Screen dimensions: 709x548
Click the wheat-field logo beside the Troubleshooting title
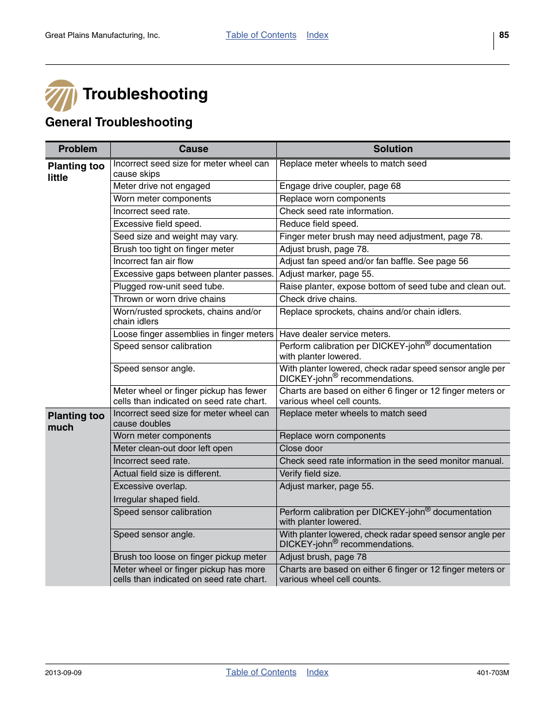point(61,95)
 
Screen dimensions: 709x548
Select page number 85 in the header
point(504,35)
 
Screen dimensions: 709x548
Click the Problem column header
point(78,149)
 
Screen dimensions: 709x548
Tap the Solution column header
point(393,149)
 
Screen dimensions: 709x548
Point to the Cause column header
point(194,149)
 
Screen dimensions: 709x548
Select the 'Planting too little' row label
point(76,172)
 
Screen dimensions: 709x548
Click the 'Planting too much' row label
point(76,421)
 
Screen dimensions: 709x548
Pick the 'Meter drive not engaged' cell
point(161,186)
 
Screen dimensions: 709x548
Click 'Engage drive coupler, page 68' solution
point(340,186)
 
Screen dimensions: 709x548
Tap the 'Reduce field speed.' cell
point(319,224)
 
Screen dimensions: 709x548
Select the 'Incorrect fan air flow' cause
point(153,261)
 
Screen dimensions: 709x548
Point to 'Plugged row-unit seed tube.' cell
point(169,286)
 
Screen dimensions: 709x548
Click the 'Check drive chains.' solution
point(318,299)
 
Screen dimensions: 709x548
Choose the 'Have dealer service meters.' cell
point(335,334)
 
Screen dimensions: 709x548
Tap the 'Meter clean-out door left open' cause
point(173,448)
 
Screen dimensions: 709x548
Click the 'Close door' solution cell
point(301,448)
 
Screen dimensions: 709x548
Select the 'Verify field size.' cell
point(310,474)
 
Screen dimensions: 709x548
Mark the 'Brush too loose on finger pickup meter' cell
point(190,557)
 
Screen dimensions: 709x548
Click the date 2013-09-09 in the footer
point(63,673)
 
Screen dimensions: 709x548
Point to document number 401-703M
point(492,673)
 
